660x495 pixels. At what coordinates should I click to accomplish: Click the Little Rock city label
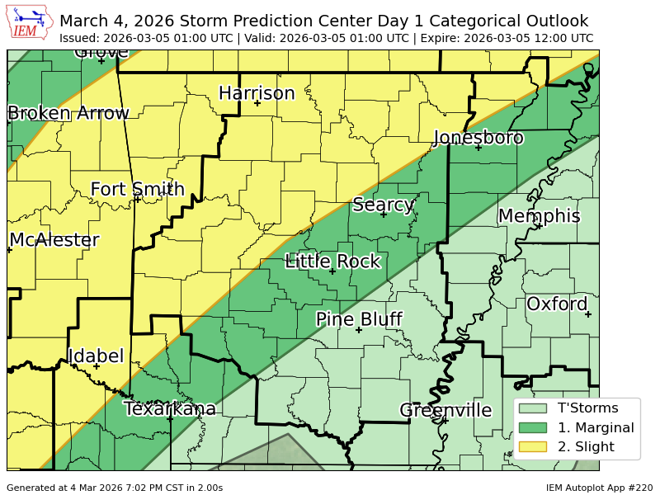(332, 262)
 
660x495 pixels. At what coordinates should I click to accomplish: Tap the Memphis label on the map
(539, 216)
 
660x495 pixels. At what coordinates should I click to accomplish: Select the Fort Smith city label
(137, 189)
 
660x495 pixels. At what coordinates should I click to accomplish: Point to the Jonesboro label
(478, 138)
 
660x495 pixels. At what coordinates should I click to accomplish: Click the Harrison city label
(257, 93)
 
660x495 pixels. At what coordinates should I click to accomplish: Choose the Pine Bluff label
(359, 319)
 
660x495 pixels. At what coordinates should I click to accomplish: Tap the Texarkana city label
(170, 408)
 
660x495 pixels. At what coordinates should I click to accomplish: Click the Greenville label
(445, 410)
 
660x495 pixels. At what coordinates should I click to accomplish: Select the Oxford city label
(557, 304)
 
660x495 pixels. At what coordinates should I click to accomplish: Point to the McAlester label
(54, 240)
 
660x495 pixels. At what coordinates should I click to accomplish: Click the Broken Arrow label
(68, 113)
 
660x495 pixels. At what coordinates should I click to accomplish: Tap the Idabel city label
(96, 356)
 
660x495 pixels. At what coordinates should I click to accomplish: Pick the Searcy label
(383, 205)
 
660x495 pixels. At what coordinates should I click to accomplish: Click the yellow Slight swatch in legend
(532, 447)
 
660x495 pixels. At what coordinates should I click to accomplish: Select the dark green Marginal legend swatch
(532, 427)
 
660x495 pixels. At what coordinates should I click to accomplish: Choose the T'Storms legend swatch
(532, 408)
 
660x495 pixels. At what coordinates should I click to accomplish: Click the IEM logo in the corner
(31, 22)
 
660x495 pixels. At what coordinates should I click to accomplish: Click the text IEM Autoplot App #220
(598, 488)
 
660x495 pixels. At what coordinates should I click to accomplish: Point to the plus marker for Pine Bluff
(359, 330)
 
